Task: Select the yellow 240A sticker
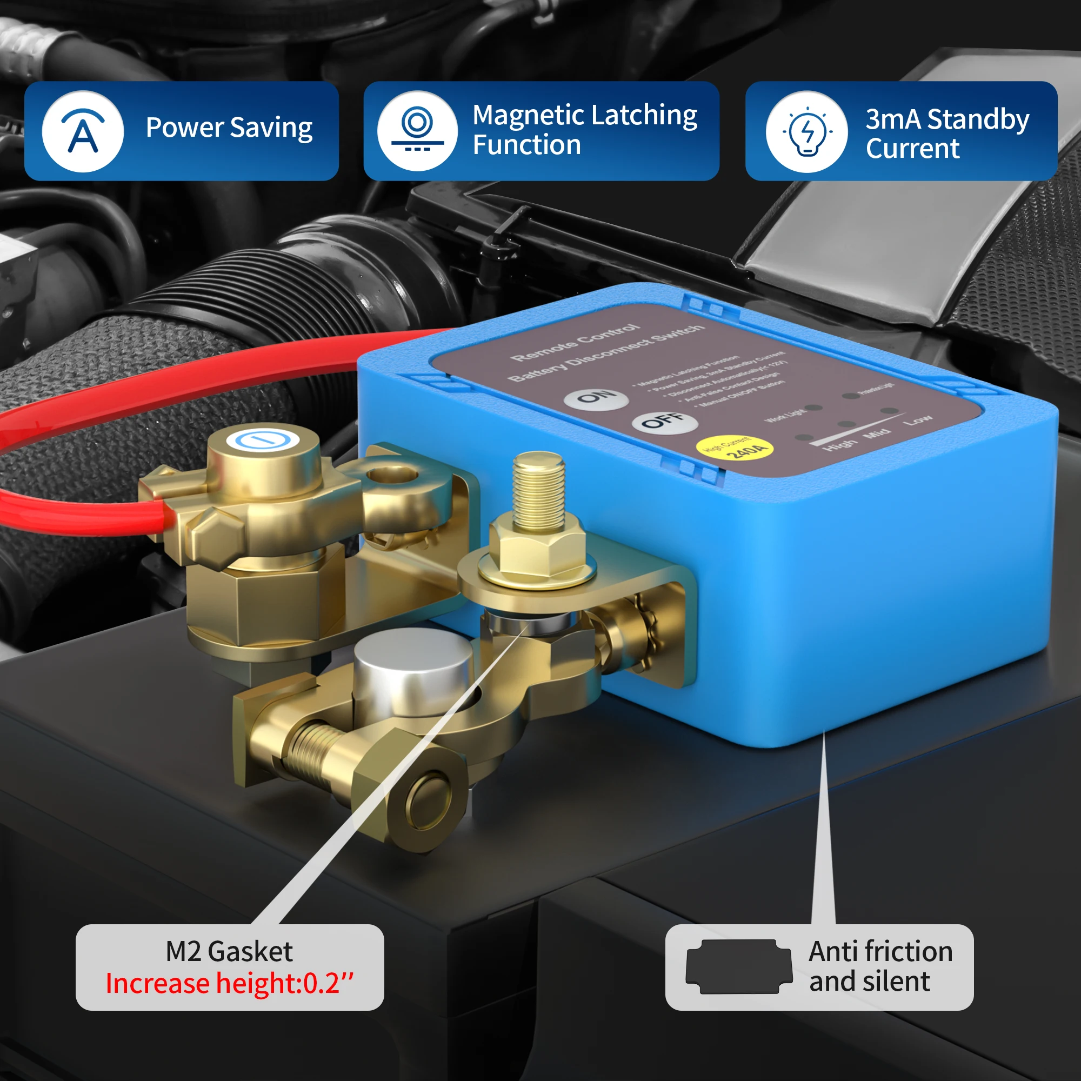pyautogui.click(x=735, y=448)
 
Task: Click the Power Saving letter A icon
pyautogui.click(x=83, y=132)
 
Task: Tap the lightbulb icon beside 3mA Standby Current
pyautogui.click(x=806, y=132)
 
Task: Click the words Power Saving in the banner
pyautogui.click(x=229, y=128)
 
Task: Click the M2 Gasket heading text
pyautogui.click(x=229, y=952)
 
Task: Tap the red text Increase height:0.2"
pyautogui.click(x=230, y=984)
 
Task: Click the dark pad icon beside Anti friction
pyautogui.click(x=738, y=967)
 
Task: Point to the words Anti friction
pyautogui.click(x=880, y=952)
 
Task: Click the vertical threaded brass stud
pyautogui.click(x=538, y=490)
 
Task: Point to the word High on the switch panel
pyautogui.click(x=839, y=445)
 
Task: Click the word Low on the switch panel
pyautogui.click(x=918, y=419)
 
